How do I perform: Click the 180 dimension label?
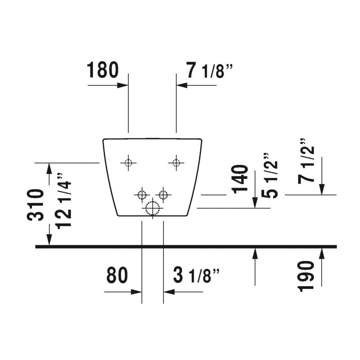(x=103, y=70)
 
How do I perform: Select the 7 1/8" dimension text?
(x=209, y=70)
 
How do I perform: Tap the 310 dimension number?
(x=36, y=205)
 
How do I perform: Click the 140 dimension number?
(x=240, y=179)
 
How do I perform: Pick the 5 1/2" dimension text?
(x=270, y=175)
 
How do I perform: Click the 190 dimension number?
(x=306, y=276)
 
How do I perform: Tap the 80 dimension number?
(x=117, y=275)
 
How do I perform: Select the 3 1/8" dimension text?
(x=196, y=275)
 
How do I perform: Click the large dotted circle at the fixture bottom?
(x=153, y=208)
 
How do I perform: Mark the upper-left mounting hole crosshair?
(x=128, y=163)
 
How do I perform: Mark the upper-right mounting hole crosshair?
(x=176, y=163)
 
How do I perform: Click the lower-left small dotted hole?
(x=142, y=195)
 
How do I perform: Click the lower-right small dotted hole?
(x=163, y=195)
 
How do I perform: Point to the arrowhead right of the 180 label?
(x=122, y=85)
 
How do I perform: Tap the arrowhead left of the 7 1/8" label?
(x=182, y=85)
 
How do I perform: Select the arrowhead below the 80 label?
(x=136, y=292)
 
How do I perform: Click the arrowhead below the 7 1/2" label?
(x=322, y=189)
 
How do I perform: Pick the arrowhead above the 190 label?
(x=322, y=254)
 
